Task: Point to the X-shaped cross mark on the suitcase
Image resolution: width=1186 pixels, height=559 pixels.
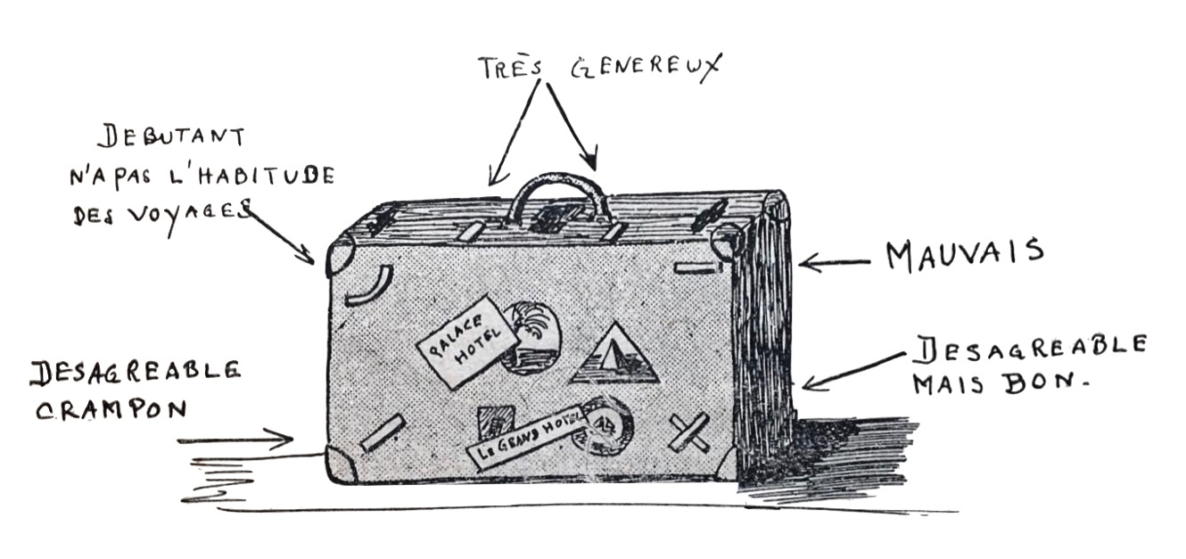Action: (692, 434)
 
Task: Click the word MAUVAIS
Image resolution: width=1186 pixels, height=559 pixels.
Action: (964, 255)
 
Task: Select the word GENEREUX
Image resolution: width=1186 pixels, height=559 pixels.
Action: (645, 69)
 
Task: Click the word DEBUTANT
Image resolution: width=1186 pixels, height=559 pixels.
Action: (172, 138)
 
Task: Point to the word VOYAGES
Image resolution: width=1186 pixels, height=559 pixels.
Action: (191, 214)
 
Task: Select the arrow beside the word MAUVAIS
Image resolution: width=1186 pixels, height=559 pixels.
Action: (833, 262)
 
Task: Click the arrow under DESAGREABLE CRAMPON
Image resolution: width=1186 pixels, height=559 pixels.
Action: (235, 439)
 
